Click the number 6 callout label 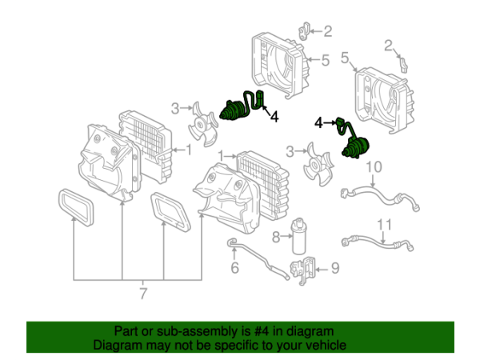click(x=235, y=266)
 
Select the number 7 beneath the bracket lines click(x=142, y=294)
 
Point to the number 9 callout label click(x=334, y=267)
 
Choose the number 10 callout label click(x=374, y=167)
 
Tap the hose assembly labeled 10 click(x=380, y=194)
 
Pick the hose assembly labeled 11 click(x=376, y=240)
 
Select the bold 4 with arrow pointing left click(x=274, y=117)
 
